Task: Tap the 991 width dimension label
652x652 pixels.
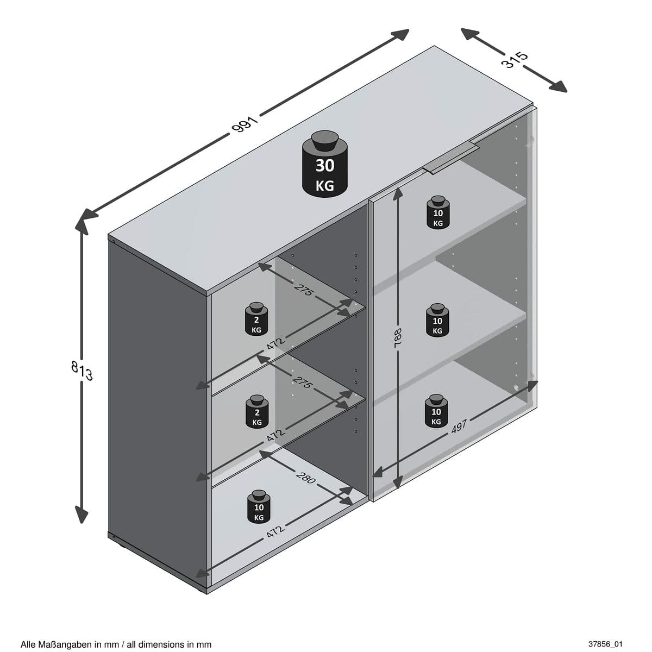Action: click(x=244, y=125)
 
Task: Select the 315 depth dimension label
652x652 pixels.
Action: click(x=514, y=59)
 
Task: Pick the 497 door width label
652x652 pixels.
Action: click(x=459, y=427)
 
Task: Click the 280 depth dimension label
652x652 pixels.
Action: click(x=306, y=478)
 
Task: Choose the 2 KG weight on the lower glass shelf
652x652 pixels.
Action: click(x=256, y=411)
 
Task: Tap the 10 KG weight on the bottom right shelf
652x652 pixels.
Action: click(x=436, y=411)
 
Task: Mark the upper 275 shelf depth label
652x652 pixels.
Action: click(x=305, y=290)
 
